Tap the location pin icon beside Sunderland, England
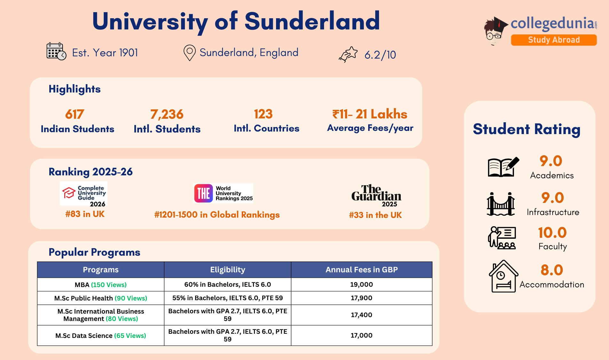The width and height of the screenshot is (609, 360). tap(189, 52)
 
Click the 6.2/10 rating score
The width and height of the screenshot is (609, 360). tap(380, 55)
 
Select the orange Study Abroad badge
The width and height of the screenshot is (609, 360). tap(554, 40)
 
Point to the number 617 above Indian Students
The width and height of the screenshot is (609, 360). tap(75, 114)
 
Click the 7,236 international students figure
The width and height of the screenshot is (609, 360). tap(167, 114)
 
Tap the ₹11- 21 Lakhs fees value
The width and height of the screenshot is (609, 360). tap(370, 114)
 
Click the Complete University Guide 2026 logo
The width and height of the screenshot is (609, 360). tap(84, 194)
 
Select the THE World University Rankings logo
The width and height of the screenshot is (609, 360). tap(223, 193)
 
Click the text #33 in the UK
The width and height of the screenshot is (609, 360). tap(375, 215)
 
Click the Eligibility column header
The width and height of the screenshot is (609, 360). tap(227, 270)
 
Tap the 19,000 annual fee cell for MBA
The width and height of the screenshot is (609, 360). tap(361, 284)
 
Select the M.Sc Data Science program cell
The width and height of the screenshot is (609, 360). tap(100, 336)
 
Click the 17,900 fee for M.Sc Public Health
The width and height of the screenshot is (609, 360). tap(361, 298)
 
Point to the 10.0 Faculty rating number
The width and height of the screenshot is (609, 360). tap(552, 233)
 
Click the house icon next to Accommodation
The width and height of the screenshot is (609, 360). tap(503, 276)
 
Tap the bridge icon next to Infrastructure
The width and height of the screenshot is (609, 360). tap(501, 204)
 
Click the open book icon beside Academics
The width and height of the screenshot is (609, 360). tap(502, 167)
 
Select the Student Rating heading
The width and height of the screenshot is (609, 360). tap(526, 129)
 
